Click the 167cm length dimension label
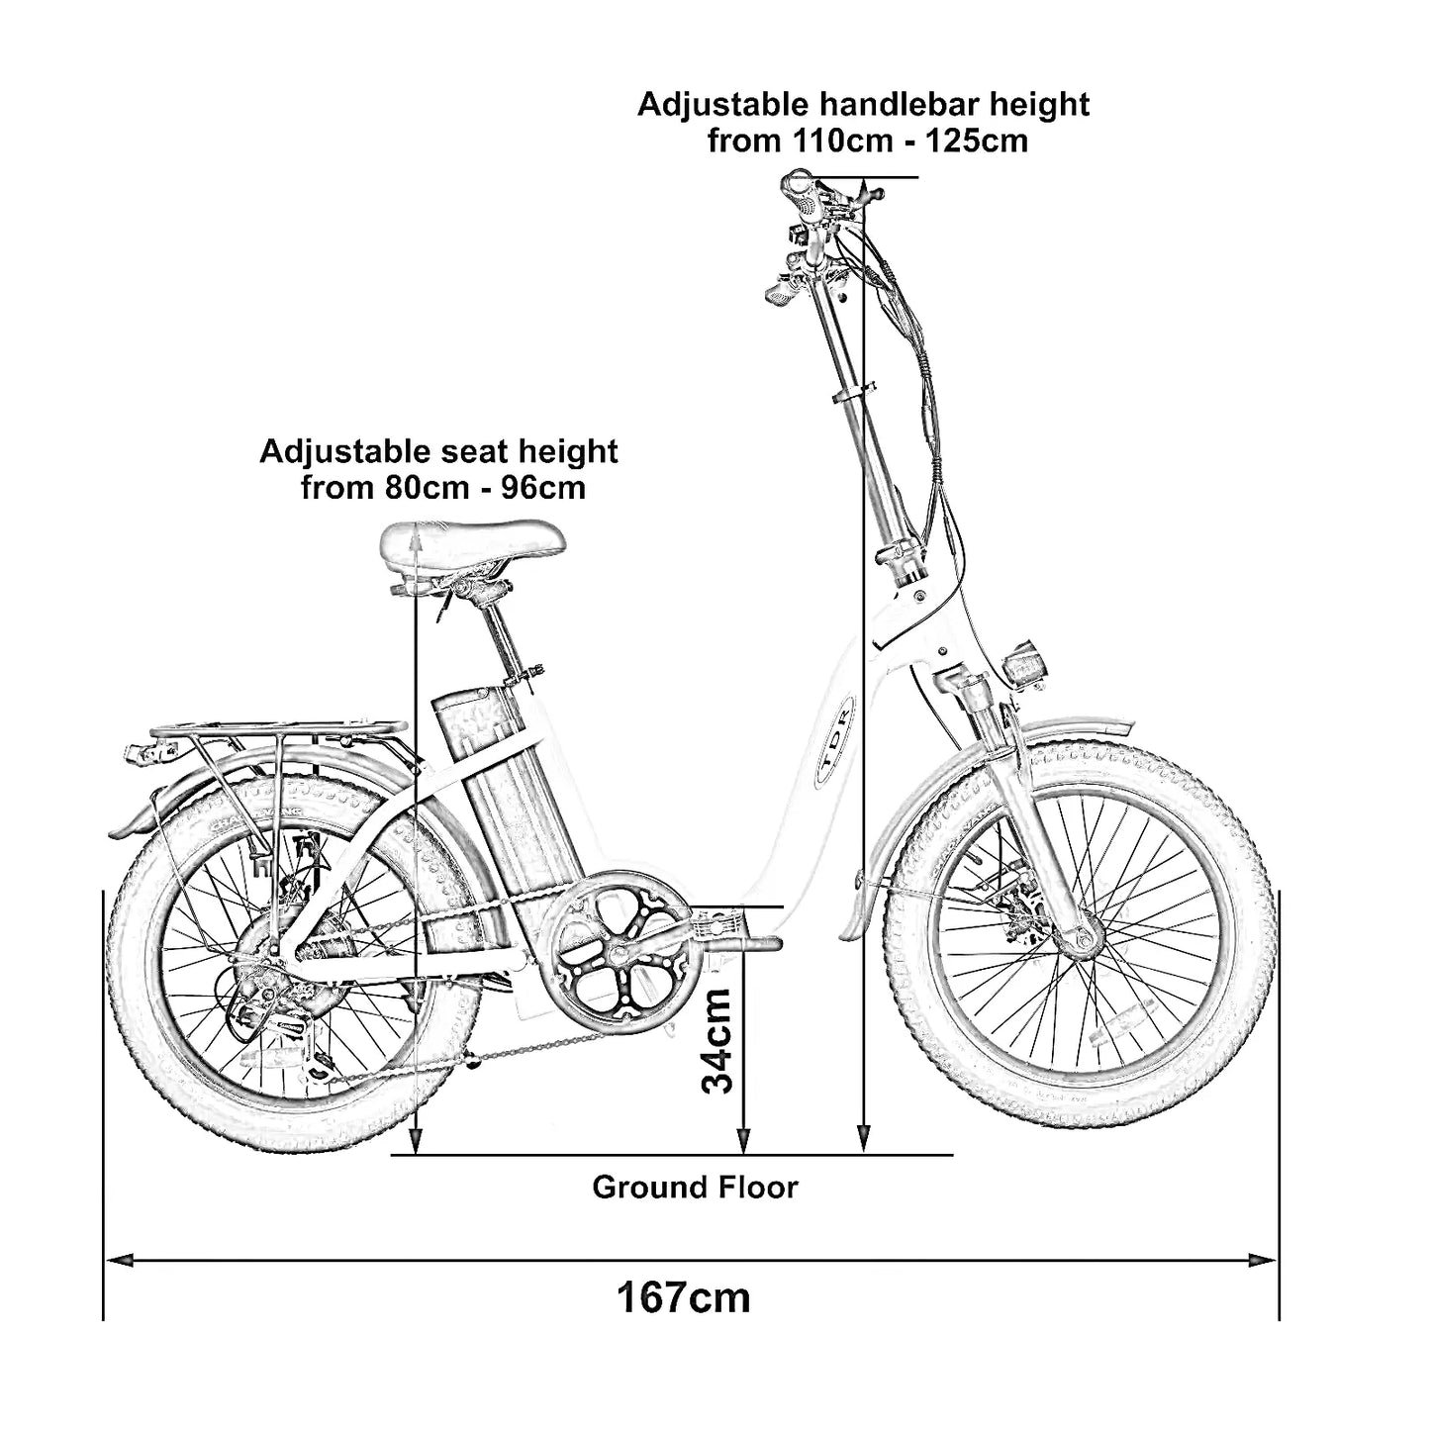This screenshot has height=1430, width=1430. (684, 1296)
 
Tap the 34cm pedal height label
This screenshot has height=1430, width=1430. (717, 1040)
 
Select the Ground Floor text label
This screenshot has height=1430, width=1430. (695, 1187)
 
